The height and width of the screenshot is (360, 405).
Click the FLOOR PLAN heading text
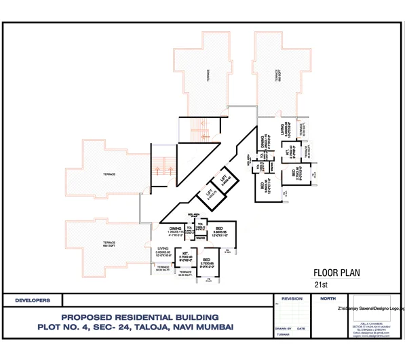pos(336,274)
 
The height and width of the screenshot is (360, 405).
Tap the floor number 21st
pos(321,285)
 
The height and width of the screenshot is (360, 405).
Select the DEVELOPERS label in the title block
pos(33,299)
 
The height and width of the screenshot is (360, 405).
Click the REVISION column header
pos(292,298)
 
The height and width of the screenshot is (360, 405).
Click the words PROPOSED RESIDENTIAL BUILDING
pos(140,317)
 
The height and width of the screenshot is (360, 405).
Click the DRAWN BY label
pos(283,328)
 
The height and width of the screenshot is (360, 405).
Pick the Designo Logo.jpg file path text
pos(370,308)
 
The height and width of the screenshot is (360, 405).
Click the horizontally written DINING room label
pos(175,229)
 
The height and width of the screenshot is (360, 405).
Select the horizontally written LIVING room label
pos(163,249)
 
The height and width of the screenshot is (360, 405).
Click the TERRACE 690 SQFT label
pos(109,243)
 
